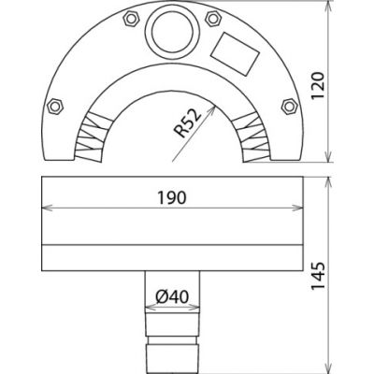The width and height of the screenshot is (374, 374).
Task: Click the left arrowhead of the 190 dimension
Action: click(43, 209)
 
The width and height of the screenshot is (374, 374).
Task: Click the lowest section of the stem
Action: click(175, 355)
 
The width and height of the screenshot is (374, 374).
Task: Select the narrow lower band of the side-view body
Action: click(175, 256)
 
